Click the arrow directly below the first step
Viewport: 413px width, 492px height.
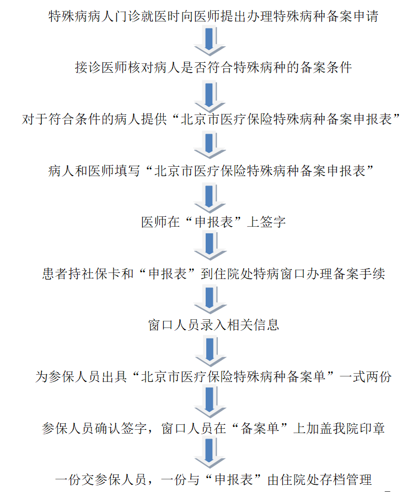210,42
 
